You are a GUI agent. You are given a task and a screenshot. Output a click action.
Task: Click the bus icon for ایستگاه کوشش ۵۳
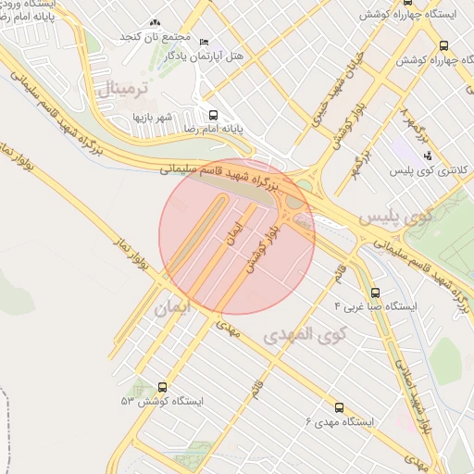(x=164, y=387)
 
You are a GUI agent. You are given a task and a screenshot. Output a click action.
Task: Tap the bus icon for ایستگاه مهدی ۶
(x=338, y=406)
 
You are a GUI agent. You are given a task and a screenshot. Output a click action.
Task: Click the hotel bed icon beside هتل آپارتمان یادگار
(x=205, y=42)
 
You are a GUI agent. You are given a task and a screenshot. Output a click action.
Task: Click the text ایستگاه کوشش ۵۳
(x=161, y=402)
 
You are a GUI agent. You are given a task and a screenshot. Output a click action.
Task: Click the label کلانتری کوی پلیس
(x=430, y=171)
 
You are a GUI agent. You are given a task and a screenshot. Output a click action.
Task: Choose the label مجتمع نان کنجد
(x=155, y=37)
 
